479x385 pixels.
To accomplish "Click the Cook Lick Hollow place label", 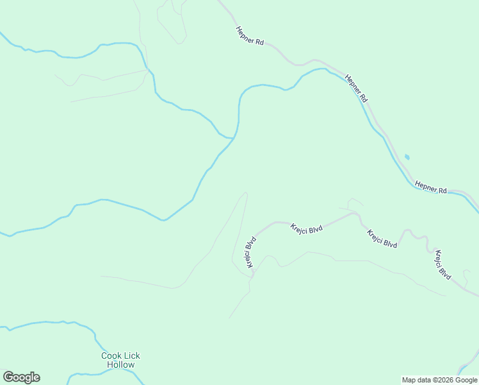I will (120, 360).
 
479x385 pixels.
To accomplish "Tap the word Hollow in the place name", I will (120, 365).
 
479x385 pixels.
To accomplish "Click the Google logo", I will (21, 377).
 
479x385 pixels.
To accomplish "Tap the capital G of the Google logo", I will (8, 377).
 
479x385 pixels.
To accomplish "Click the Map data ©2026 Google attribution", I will (439, 380).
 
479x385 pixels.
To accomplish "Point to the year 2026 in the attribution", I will (445, 380).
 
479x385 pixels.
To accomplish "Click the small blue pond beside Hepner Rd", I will (407, 157).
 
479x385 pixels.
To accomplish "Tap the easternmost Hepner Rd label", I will (430, 187).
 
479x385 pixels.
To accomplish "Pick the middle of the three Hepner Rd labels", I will (356, 89).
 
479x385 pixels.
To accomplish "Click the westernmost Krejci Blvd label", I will (250, 252).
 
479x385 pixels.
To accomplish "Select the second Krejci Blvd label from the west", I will (307, 229).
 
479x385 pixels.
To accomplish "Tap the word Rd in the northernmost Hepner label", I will (259, 42).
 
